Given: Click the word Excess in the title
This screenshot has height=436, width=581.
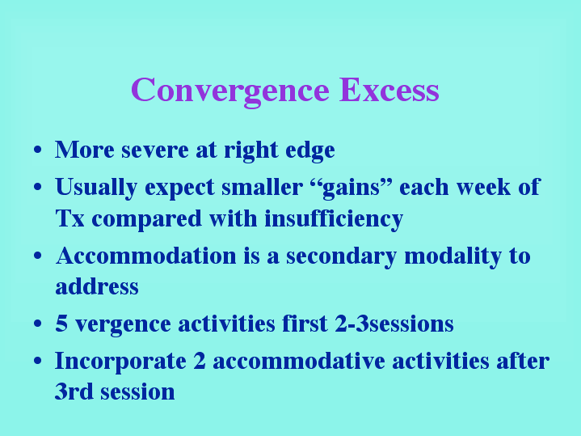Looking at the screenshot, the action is coord(389,90).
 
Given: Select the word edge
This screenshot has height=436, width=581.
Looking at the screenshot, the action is coord(310,150).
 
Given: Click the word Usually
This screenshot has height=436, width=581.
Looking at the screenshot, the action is coord(96,188).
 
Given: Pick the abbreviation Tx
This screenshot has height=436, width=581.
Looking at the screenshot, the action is coord(70,218).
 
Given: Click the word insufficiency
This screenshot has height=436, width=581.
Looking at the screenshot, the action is coord(334,219).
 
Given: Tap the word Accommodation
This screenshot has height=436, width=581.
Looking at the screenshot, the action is coord(146,256).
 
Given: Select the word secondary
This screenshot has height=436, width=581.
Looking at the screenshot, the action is coord(341,256).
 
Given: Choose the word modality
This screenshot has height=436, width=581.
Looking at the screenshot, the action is coord(453,256).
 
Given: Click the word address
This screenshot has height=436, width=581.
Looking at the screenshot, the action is coord(97,286).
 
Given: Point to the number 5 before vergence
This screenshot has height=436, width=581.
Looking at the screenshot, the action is coord(61,324).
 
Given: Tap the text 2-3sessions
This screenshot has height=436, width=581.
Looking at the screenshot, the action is coord(394,324).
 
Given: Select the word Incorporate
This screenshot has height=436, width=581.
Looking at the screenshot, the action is coord(120,362).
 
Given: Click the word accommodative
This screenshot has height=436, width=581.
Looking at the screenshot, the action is coord(299,361).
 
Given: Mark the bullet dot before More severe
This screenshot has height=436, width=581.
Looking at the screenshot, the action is coord(37,150).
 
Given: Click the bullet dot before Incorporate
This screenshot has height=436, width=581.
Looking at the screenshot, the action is coord(37,361).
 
